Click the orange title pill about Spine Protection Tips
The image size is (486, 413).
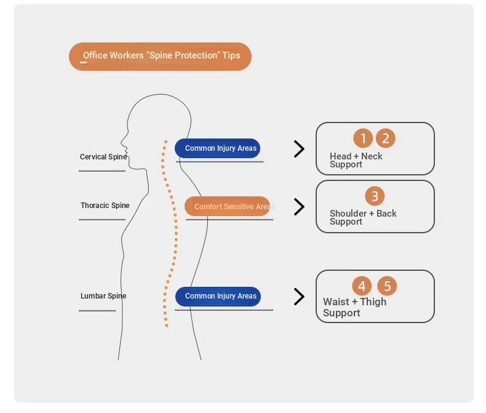[x=160, y=57]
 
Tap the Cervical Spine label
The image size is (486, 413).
[x=103, y=157]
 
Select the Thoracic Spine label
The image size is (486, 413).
[x=105, y=205]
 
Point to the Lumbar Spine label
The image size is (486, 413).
[x=103, y=296]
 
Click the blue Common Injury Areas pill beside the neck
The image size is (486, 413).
[x=217, y=148]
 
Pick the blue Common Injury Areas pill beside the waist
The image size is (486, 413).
[x=218, y=297]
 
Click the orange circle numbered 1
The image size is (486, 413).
[x=362, y=138]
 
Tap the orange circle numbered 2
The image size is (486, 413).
[x=385, y=138]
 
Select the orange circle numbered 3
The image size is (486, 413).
[x=375, y=196]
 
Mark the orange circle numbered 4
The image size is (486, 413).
[x=362, y=286]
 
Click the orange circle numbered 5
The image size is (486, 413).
[x=387, y=286]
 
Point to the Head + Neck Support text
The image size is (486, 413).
[x=356, y=160]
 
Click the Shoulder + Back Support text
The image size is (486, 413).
[x=363, y=217]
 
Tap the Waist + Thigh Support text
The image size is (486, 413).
[x=354, y=307]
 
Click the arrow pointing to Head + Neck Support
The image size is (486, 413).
[x=300, y=149]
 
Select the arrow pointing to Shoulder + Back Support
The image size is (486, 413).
[x=300, y=207]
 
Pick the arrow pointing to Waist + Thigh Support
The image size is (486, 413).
[x=300, y=297]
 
